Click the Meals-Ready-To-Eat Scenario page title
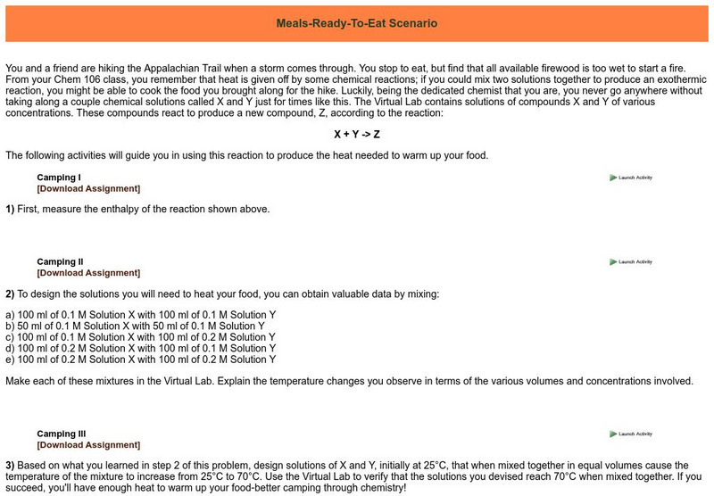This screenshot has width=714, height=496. tap(356, 23)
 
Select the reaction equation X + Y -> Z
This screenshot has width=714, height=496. tap(356, 134)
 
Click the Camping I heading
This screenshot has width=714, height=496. tap(58, 178)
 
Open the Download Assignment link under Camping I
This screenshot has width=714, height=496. tap(88, 188)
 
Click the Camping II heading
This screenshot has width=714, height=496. tap(60, 262)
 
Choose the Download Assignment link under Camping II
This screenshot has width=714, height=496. tap(88, 273)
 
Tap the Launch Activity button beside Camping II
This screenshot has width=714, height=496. tap(631, 262)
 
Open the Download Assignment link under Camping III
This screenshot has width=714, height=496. tap(88, 444)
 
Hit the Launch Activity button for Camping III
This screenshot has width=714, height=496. tap(631, 434)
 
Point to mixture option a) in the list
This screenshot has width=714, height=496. tap(140, 315)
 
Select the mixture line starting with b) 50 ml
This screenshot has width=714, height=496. tap(135, 326)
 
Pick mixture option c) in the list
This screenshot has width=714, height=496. tap(140, 337)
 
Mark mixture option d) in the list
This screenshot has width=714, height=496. tap(140, 348)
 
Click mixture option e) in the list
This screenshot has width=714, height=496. tap(140, 359)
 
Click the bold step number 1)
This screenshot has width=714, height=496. tap(10, 210)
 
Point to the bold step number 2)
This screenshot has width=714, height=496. tap(10, 293)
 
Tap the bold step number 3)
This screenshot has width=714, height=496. tap(10, 466)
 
